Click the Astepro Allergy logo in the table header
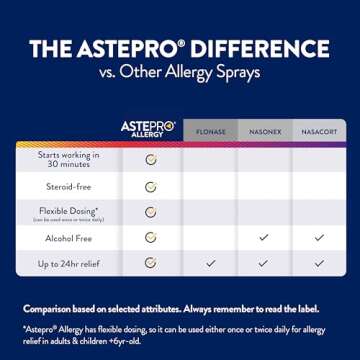coord(148,129)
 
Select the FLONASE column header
coord(210,132)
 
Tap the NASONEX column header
coord(265,132)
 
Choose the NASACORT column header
coord(319,132)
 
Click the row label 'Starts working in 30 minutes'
coord(69,159)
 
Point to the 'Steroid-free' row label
coord(69,186)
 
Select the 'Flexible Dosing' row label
coord(69,212)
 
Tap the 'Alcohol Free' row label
coord(69,238)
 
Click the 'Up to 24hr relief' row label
coord(69,264)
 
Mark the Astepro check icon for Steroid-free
coord(151,186)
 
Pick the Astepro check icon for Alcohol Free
coord(151,238)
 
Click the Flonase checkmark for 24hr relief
coord(210,264)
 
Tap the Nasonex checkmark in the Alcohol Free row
coord(264,238)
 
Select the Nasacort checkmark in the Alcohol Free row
coord(319,238)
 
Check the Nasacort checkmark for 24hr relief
coord(319,264)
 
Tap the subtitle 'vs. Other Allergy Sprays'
coord(180,72)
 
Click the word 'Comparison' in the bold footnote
coord(49,308)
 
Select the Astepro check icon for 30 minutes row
coord(151,159)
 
